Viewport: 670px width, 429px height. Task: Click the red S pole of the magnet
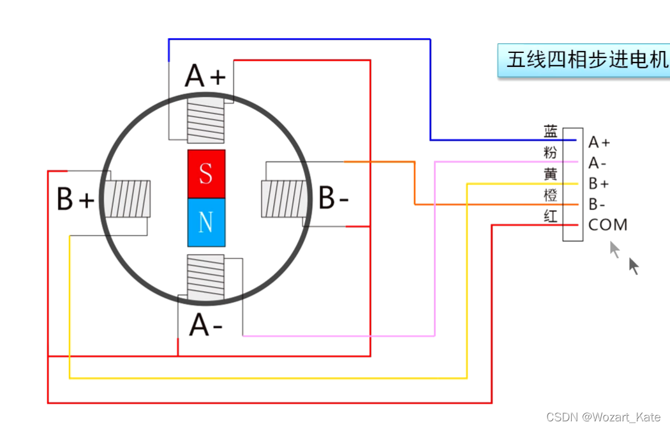pyautogui.click(x=206, y=174)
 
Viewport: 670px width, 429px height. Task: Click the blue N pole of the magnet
pyautogui.click(x=206, y=222)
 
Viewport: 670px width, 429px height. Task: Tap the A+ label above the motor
pyautogui.click(x=205, y=77)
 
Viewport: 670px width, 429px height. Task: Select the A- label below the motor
pyautogui.click(x=205, y=325)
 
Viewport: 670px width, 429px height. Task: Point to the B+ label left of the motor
pyautogui.click(x=75, y=199)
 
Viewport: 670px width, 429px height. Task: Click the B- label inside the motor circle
pyautogui.click(x=333, y=199)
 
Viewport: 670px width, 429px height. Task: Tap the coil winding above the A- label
pyautogui.click(x=205, y=277)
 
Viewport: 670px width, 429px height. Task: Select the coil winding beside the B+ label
pyautogui.click(x=128, y=199)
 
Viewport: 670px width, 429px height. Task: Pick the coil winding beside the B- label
pyautogui.click(x=283, y=199)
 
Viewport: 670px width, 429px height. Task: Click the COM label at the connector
pyautogui.click(x=607, y=225)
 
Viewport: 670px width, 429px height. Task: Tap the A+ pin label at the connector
pyautogui.click(x=599, y=142)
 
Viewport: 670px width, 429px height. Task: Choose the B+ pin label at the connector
pyautogui.click(x=599, y=184)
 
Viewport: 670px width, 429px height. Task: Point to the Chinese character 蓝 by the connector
pyautogui.click(x=550, y=132)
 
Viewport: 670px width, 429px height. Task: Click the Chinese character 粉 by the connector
pyautogui.click(x=550, y=153)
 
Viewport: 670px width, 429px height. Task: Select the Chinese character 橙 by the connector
pyautogui.click(x=550, y=195)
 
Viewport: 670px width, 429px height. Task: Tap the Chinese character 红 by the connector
pyautogui.click(x=550, y=216)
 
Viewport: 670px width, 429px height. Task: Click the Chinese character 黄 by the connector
pyautogui.click(x=550, y=174)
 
